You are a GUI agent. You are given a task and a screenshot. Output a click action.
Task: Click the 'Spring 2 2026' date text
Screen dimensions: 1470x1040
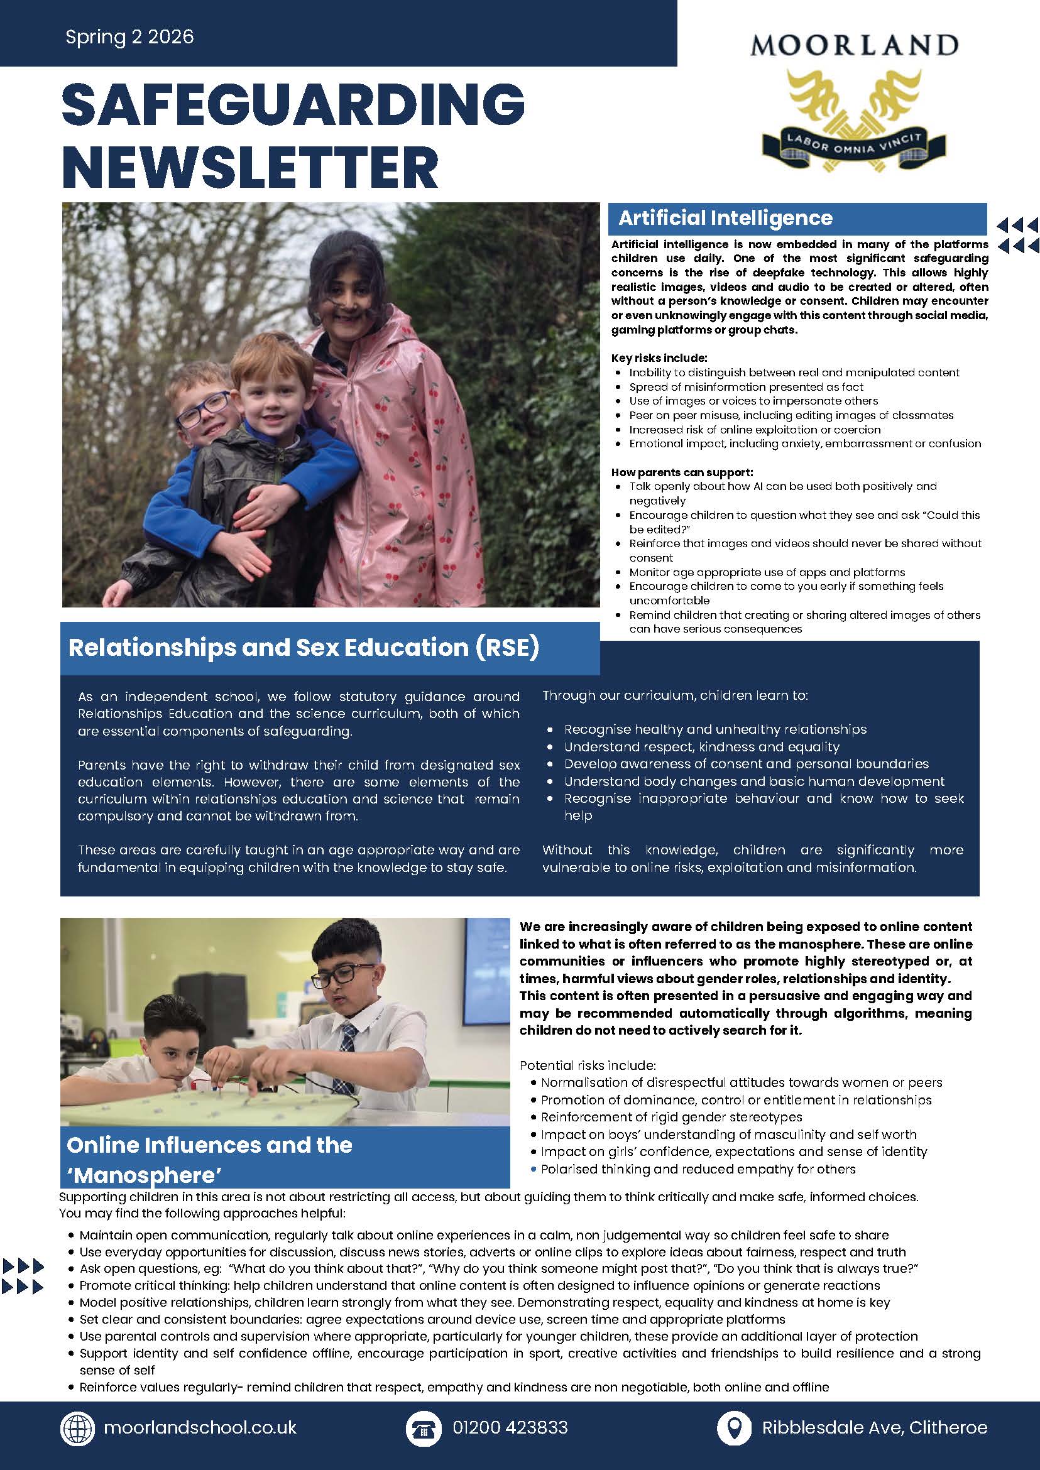point(129,36)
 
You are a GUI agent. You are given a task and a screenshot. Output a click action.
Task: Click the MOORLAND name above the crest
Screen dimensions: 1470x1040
point(853,45)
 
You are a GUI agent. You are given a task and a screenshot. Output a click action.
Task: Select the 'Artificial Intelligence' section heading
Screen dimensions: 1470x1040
point(725,219)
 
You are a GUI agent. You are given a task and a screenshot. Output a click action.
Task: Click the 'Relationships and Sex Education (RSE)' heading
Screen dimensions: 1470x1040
point(304,647)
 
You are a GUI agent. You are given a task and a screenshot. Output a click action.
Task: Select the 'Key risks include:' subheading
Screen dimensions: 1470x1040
point(659,358)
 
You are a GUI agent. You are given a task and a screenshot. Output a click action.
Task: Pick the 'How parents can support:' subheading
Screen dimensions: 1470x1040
point(682,472)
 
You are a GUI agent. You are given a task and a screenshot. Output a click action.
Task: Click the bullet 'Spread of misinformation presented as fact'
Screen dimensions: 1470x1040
point(746,387)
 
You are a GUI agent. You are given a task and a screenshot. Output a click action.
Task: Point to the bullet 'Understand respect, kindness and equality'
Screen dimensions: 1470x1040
point(701,746)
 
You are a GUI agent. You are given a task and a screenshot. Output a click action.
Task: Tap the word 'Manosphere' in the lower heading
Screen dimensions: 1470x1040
point(145,1175)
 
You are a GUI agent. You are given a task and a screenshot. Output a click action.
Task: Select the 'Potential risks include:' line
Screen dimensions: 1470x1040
point(588,1065)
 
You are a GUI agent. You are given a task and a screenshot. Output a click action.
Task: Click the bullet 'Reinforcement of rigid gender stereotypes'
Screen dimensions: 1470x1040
point(671,1117)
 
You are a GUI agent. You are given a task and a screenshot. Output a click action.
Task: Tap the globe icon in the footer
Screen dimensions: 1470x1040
point(77,1427)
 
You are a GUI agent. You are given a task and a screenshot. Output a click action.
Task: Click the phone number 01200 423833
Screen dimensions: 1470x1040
point(510,1427)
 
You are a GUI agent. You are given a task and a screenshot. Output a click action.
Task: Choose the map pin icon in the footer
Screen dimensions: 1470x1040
point(734,1427)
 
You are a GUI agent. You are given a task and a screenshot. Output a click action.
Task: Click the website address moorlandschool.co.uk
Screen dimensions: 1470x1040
point(200,1427)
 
